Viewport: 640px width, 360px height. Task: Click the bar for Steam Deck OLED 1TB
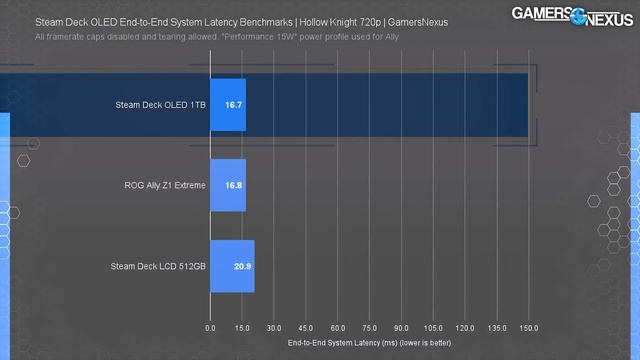[227, 103]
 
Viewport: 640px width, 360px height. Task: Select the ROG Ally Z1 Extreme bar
[227, 185]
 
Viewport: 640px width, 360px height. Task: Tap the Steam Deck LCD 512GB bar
[232, 266]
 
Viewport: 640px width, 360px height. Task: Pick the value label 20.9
[242, 266]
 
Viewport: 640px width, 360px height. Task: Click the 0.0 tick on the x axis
[210, 327]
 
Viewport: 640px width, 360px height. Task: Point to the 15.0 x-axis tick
[241, 327]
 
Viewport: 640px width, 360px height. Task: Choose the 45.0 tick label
[306, 327]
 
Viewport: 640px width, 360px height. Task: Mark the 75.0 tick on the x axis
[369, 327]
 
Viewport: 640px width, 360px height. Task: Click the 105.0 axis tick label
[433, 327]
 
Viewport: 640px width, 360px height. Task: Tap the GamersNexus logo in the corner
[569, 16]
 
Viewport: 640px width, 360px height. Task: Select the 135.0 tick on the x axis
[497, 327]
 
